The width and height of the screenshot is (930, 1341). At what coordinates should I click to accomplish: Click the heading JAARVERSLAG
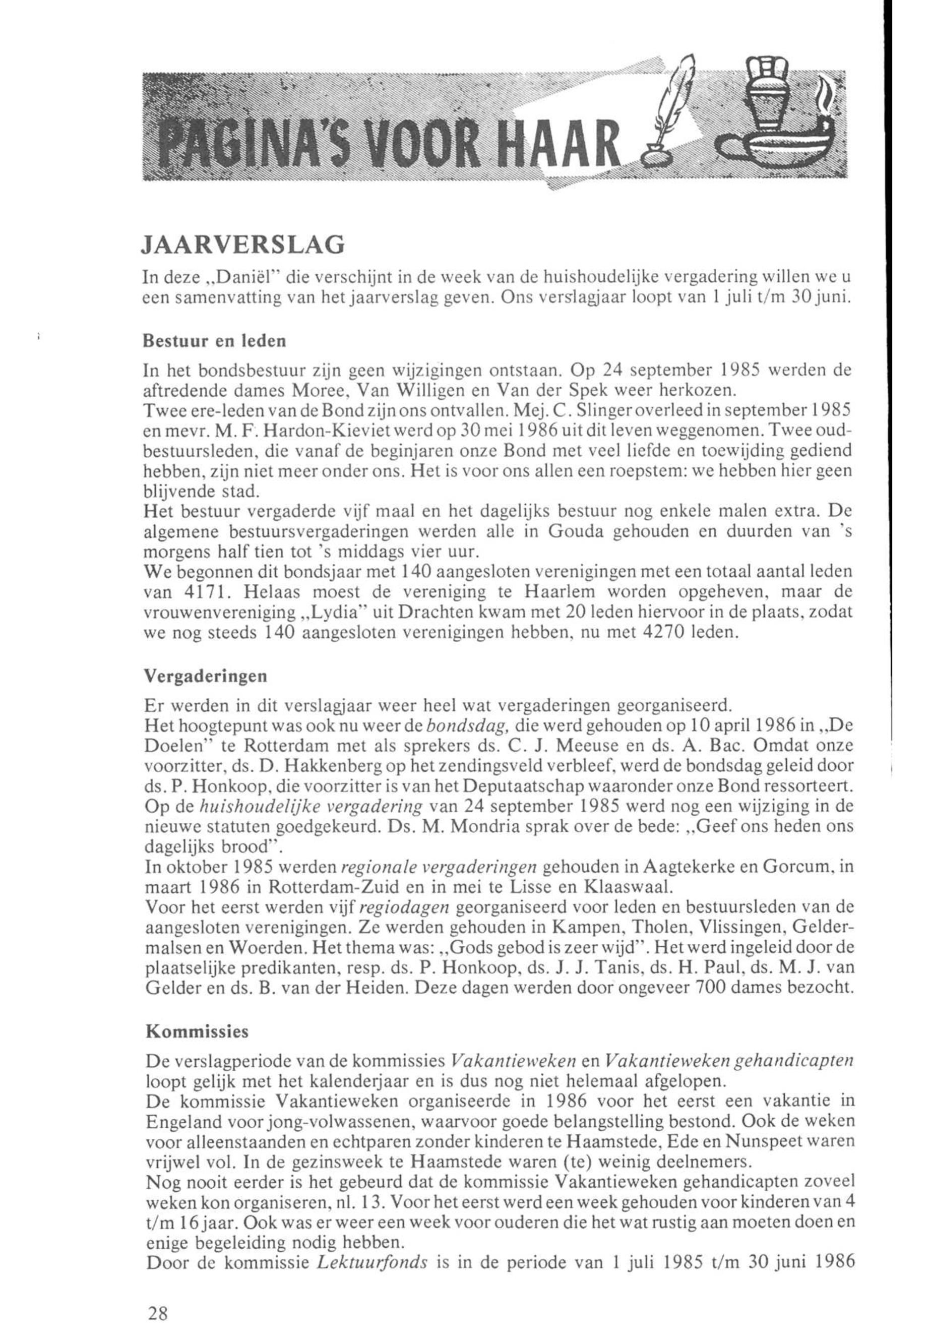[x=243, y=246]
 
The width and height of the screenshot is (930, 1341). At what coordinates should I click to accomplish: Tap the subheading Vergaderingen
[x=205, y=676]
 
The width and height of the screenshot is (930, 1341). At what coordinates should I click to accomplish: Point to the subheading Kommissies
[x=197, y=1031]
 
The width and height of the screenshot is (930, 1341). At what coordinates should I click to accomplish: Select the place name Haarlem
[x=557, y=591]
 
